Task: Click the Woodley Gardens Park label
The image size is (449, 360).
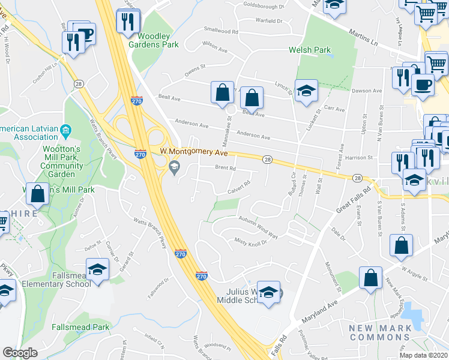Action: click(154, 40)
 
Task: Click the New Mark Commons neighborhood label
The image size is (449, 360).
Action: click(381, 333)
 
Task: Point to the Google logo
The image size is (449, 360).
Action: click(20, 353)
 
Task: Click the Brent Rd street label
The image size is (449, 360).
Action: click(225, 169)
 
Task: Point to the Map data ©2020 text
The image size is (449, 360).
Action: click(424, 355)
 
